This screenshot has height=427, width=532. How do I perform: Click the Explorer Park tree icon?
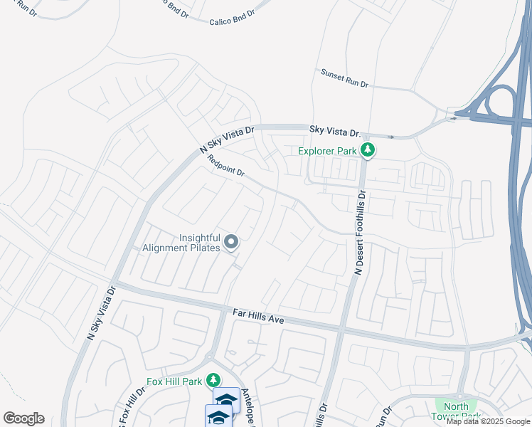[368, 150]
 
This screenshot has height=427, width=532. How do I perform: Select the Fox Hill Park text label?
[174, 381]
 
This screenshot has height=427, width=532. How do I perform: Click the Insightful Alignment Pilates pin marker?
[231, 243]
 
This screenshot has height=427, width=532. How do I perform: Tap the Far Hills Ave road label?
[258, 317]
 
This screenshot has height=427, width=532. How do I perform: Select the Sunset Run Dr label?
[344, 78]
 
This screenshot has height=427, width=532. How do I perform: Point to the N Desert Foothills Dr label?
[360, 232]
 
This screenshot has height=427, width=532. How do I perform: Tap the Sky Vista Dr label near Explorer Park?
[336, 130]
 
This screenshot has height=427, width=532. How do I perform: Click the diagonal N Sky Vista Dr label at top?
[227, 140]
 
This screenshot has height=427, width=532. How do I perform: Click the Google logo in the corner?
[23, 418]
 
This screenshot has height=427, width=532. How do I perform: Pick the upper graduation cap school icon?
[226, 399]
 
